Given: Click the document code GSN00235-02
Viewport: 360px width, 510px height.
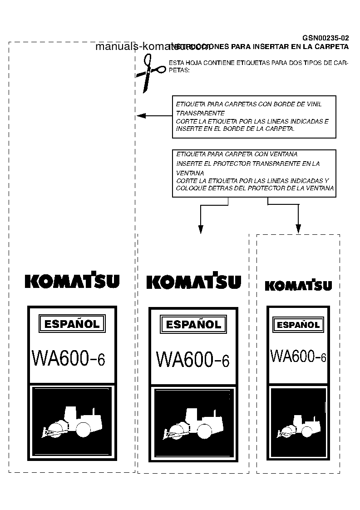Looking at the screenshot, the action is coord(325,38).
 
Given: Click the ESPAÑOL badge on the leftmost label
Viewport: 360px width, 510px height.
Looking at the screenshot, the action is coord(72,324).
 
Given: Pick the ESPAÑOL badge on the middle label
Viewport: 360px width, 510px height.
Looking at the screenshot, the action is coord(193,324).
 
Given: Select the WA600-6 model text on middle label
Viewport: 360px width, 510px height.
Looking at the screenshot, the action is coord(192,359).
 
